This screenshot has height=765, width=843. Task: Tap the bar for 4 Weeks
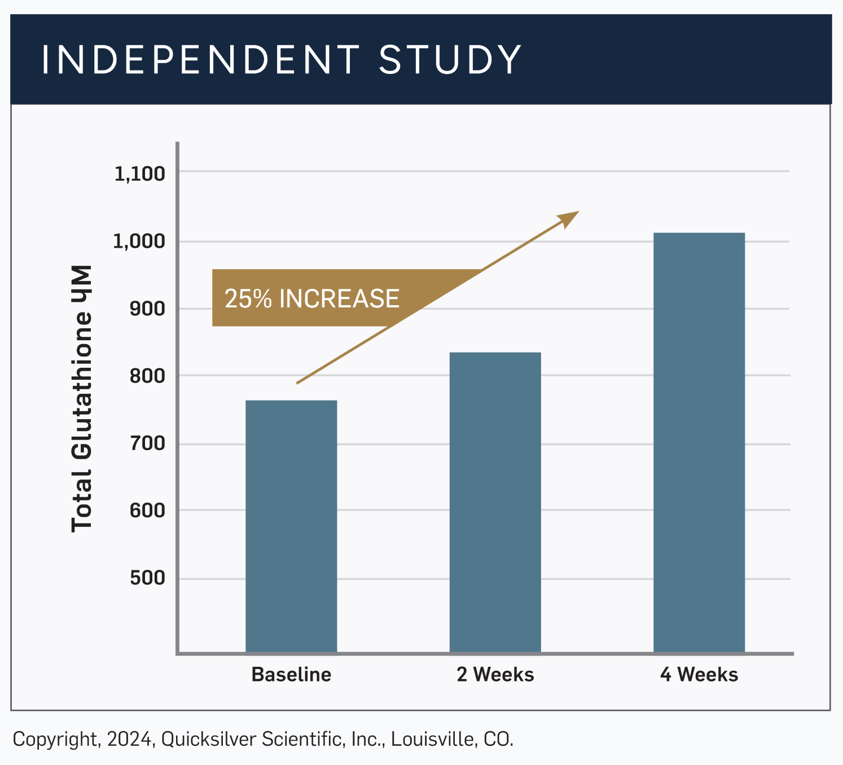click(699, 442)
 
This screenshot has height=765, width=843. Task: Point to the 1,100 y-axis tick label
click(139, 174)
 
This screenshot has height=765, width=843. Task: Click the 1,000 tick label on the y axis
click(139, 241)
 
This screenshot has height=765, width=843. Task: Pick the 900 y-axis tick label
click(147, 309)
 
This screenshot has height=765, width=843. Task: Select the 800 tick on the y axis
click(147, 376)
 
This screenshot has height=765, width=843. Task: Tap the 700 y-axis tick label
click(147, 443)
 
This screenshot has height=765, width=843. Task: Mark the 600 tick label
click(147, 511)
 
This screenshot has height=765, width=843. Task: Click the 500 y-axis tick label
click(147, 578)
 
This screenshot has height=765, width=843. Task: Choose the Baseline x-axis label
click(291, 675)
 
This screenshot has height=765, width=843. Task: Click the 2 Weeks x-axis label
click(495, 675)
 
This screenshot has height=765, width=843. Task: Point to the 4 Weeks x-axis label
click(699, 675)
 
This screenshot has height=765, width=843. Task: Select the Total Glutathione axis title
click(82, 398)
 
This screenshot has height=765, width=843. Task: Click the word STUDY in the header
click(450, 60)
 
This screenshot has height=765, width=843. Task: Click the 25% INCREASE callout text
click(311, 298)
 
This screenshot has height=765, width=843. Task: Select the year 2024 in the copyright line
click(130, 739)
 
